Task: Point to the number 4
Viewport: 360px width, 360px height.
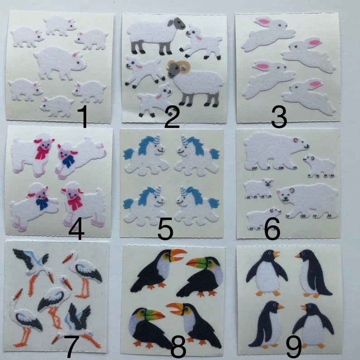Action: (77, 229)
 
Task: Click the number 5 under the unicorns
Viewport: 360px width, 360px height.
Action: (165, 229)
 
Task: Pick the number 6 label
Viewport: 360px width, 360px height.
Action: (272, 229)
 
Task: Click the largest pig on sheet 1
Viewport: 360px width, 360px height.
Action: (60, 63)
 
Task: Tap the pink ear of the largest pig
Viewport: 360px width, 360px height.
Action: (75, 55)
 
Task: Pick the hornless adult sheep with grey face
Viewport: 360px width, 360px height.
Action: (156, 35)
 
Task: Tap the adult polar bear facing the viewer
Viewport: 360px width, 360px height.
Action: (308, 200)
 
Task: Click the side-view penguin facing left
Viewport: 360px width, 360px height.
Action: (313, 273)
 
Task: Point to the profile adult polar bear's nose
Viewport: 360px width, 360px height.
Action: (307, 146)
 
